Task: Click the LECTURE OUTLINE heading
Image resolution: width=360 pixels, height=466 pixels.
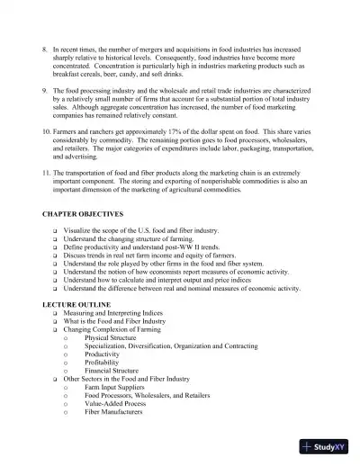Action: [74, 305]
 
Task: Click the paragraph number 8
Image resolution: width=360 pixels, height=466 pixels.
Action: [46, 42]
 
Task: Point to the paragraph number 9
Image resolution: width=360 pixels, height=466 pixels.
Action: [46, 91]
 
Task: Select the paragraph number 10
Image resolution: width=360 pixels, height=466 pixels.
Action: [48, 131]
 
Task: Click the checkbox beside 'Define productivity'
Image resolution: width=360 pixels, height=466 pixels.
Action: [56, 246]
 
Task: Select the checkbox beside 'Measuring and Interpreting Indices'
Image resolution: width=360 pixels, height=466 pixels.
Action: [56, 313]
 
